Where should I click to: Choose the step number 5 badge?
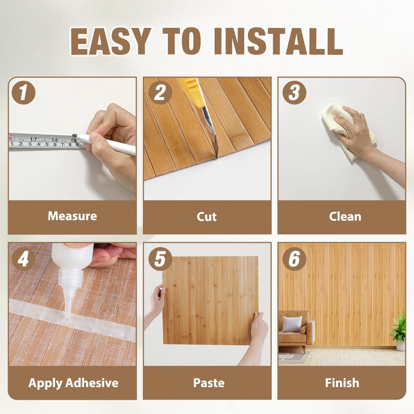coord(160,259)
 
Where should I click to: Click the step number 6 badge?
coord(294,259)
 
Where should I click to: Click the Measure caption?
coord(72,216)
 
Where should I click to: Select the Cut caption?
coord(207,216)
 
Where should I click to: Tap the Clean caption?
coord(342,216)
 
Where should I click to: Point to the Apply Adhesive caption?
coord(73,383)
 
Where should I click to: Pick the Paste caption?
coord(207,383)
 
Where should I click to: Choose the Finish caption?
coord(342,383)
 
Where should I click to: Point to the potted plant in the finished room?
coord(399,331)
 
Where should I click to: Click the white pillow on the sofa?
coord(291,324)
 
